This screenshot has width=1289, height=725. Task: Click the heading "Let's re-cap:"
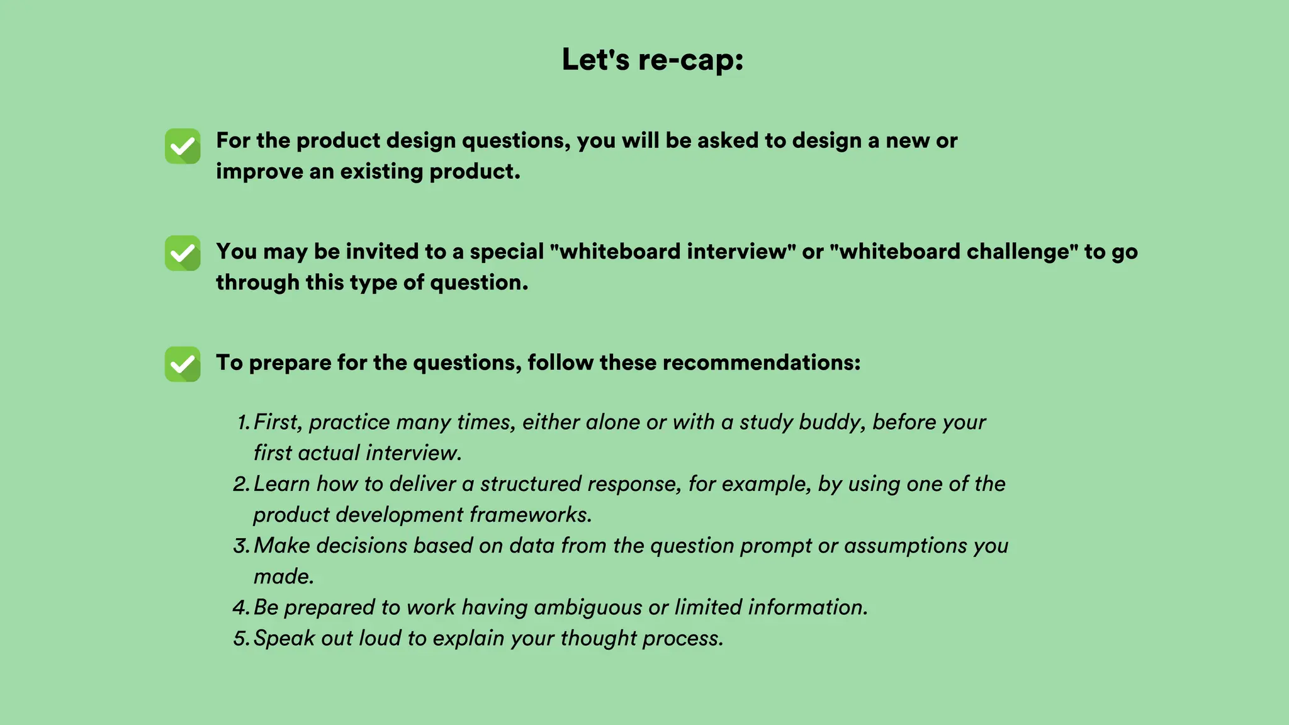pyautogui.click(x=653, y=60)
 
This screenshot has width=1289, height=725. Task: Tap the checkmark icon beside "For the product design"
pyautogui.click(x=183, y=146)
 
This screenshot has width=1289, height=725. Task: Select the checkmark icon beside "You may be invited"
pyautogui.click(x=183, y=253)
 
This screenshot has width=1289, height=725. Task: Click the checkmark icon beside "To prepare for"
pyautogui.click(x=183, y=364)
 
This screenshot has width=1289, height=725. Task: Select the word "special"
pyautogui.click(x=507, y=252)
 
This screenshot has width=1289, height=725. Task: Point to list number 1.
pyautogui.click(x=243, y=422)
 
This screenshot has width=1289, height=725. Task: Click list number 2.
pyautogui.click(x=242, y=484)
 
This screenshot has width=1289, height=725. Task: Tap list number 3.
pyautogui.click(x=242, y=546)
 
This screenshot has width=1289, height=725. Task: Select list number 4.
pyautogui.click(x=242, y=607)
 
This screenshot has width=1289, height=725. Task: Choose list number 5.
pyautogui.click(x=242, y=638)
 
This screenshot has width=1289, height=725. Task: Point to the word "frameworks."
pyautogui.click(x=531, y=515)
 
